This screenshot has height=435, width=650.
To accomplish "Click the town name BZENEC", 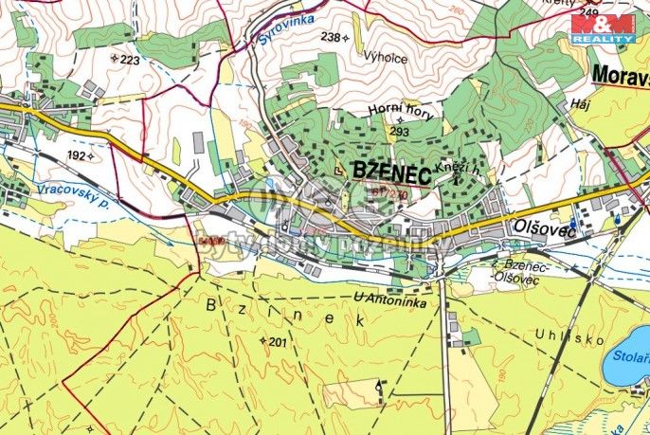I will tap(390, 171).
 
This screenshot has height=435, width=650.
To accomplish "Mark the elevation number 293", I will tap(399, 132).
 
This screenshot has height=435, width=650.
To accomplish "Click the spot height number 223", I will tap(130, 60).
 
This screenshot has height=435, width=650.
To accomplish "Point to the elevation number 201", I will tap(277, 342).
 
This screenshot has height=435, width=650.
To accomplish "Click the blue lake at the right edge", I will tap(629, 357).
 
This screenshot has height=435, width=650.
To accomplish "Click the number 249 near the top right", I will tap(590, 11).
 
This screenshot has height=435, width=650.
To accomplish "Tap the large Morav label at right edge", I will tap(620, 74).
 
